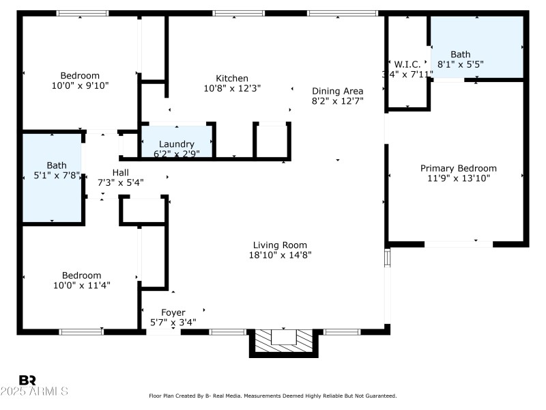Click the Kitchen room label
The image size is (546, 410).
[232, 79]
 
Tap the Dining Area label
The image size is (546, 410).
[337, 91]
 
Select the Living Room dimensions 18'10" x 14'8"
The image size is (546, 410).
[280, 256]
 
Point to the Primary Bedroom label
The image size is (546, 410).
[458, 168]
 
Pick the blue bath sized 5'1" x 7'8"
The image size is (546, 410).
[53, 178]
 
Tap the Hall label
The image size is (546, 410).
[120, 172]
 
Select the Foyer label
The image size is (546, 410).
[173, 312]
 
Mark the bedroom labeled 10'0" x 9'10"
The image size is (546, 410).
[80, 81]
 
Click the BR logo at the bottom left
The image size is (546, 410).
[28, 381]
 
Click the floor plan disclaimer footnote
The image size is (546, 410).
[273, 396]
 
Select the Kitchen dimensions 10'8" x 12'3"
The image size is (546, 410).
[232, 88]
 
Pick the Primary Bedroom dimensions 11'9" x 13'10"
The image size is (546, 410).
[458, 178]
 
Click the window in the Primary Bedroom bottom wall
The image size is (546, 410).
[459, 243]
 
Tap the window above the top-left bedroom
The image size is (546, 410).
[82, 13]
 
